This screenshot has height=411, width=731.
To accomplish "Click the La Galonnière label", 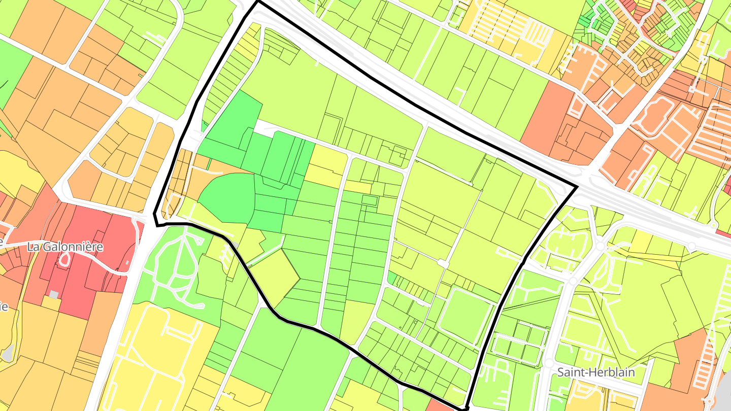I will (x=65, y=247).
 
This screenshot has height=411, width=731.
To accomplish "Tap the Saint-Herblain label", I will (x=596, y=372).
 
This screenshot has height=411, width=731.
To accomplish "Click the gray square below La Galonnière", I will (x=54, y=295).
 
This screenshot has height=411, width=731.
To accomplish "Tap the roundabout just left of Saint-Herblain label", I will (x=549, y=363).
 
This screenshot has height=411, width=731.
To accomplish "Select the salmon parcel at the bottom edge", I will (x=440, y=405).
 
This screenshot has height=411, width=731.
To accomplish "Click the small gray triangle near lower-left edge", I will (x=7, y=353).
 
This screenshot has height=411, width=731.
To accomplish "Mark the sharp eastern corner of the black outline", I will (x=577, y=187).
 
